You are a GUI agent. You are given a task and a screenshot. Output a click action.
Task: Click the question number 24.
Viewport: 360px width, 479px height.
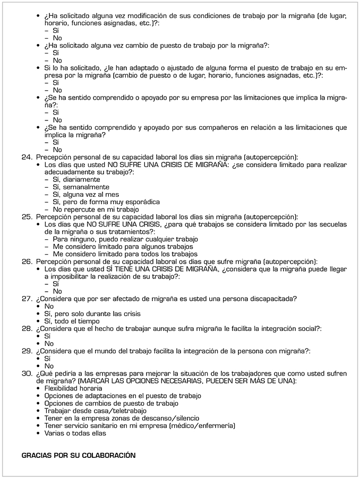point(27,157)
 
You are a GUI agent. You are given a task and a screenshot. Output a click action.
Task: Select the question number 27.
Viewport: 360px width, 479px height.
point(27,299)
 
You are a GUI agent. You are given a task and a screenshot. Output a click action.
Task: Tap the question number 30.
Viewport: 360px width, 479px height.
point(27,373)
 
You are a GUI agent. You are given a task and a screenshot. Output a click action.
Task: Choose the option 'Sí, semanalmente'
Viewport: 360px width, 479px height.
point(81,187)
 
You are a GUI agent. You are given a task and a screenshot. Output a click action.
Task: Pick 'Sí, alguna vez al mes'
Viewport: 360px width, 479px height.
point(85,194)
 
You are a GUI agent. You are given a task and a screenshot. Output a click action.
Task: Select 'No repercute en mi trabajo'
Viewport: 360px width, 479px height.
point(96,209)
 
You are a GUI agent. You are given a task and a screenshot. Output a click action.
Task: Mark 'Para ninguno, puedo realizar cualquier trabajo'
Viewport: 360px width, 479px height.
point(125,239)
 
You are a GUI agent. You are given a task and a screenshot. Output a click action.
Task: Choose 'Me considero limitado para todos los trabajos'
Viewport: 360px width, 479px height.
point(125,254)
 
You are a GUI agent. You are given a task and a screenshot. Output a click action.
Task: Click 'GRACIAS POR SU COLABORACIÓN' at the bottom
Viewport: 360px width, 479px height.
point(79,455)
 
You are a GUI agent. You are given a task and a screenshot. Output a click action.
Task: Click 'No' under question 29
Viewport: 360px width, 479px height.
point(49,366)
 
